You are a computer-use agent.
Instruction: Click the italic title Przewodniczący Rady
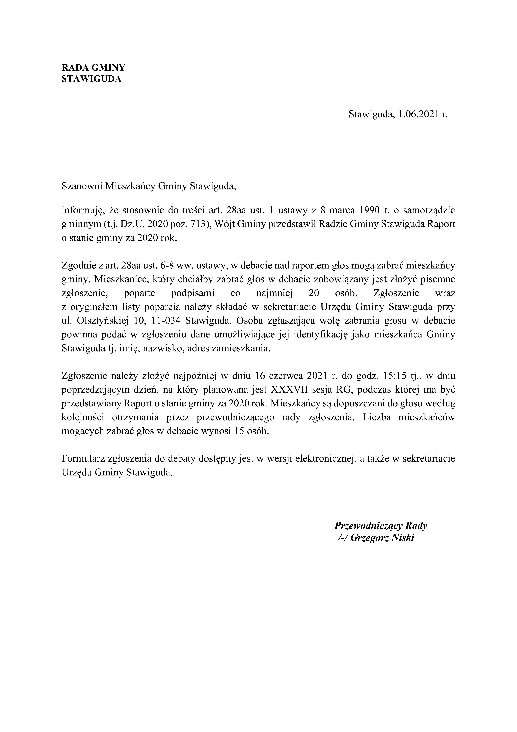380,526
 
